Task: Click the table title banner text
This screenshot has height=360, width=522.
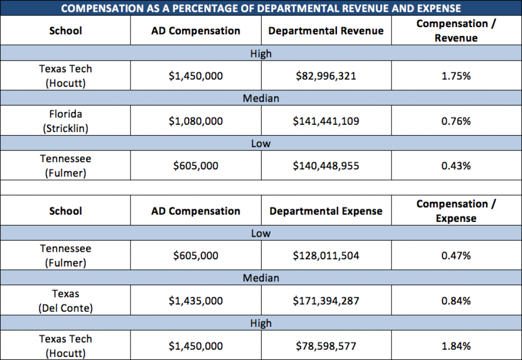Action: [261, 8]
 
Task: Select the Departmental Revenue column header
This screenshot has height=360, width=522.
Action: [326, 31]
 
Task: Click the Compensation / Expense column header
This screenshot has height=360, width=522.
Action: [456, 211]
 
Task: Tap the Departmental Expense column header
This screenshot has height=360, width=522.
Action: [326, 211]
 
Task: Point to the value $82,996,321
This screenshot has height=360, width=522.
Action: [326, 76]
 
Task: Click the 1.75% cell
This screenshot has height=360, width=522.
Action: [456, 76]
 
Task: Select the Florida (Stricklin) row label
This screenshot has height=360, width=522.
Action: [66, 121]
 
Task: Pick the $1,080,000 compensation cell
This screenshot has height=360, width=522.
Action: [196, 121]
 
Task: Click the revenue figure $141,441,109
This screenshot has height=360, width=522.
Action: [326, 121]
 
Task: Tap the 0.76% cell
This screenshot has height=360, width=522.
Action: [456, 121]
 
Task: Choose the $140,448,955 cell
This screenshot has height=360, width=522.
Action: [326, 166]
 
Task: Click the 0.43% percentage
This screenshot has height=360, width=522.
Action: [456, 166]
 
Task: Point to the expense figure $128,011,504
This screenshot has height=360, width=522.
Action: [326, 256]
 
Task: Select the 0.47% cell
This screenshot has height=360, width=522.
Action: [456, 256]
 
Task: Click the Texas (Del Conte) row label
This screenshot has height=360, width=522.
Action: [66, 301]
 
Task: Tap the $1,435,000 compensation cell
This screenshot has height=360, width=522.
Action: [196, 301]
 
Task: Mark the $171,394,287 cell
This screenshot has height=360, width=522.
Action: [326, 301]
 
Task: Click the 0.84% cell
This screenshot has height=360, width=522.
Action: [456, 301]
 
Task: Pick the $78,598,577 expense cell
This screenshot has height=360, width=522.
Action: [326, 346]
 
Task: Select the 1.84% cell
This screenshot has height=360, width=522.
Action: [456, 346]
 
